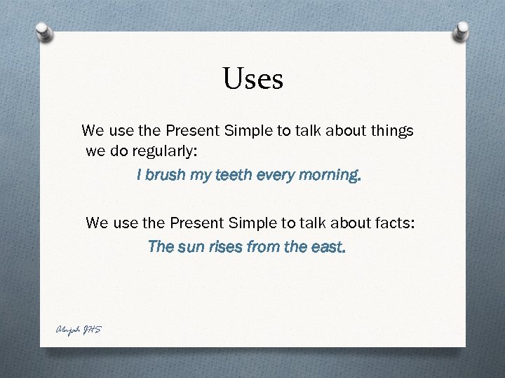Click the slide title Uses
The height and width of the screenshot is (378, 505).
pyautogui.click(x=253, y=79)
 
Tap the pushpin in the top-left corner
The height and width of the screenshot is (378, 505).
pyautogui.click(x=44, y=32)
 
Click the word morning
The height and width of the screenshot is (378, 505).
pyautogui.click(x=326, y=175)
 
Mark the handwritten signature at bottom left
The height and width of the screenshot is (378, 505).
pyautogui.click(x=76, y=329)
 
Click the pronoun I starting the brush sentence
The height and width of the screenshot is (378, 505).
pyautogui.click(x=140, y=175)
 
